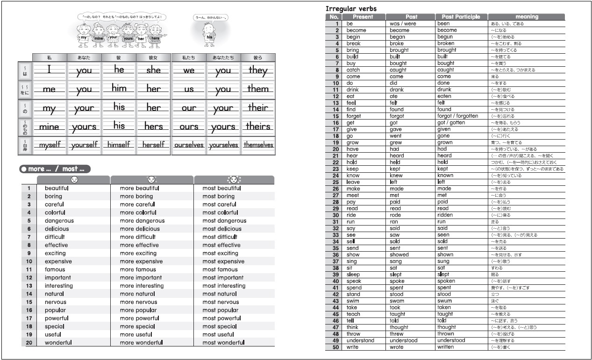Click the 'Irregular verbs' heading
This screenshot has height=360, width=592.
[x=351, y=8]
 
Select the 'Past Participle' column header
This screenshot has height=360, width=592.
[x=461, y=17]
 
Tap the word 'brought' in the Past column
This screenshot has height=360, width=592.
[x=399, y=50]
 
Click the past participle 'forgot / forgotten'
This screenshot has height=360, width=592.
[x=457, y=116]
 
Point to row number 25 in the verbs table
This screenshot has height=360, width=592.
[x=335, y=182]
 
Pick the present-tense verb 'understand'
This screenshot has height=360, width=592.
[x=360, y=340]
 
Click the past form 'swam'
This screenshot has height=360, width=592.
[x=397, y=301]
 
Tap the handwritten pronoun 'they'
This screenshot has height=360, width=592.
[x=258, y=71]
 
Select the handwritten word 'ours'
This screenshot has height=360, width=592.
[x=189, y=127]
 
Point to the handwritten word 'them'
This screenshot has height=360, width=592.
[x=258, y=89]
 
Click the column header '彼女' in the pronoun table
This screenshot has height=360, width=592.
[x=153, y=57]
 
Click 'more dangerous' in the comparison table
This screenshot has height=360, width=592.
[x=142, y=221]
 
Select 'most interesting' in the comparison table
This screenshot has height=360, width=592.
[x=224, y=286]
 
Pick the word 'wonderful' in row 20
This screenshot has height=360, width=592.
[x=58, y=343]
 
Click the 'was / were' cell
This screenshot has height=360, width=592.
[x=403, y=23]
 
